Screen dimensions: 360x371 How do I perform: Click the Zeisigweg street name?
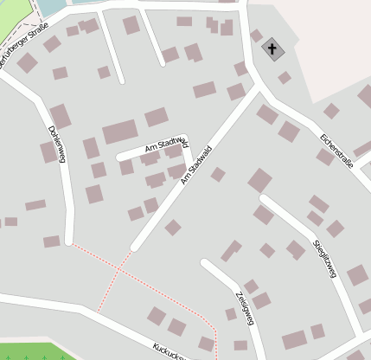click(x=243, y=307)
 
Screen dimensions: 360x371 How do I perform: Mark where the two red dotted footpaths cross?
click(x=117, y=271)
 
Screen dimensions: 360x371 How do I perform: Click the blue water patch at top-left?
click(x=52, y=7)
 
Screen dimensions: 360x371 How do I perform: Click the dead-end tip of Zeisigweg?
click(x=205, y=262)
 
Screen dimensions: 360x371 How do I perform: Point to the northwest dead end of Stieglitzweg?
click(x=265, y=199)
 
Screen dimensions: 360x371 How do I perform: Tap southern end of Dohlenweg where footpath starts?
click(x=68, y=241)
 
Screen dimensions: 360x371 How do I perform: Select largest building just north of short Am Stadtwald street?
click(x=119, y=133)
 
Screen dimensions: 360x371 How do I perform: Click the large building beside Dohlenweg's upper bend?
click(x=61, y=116)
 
